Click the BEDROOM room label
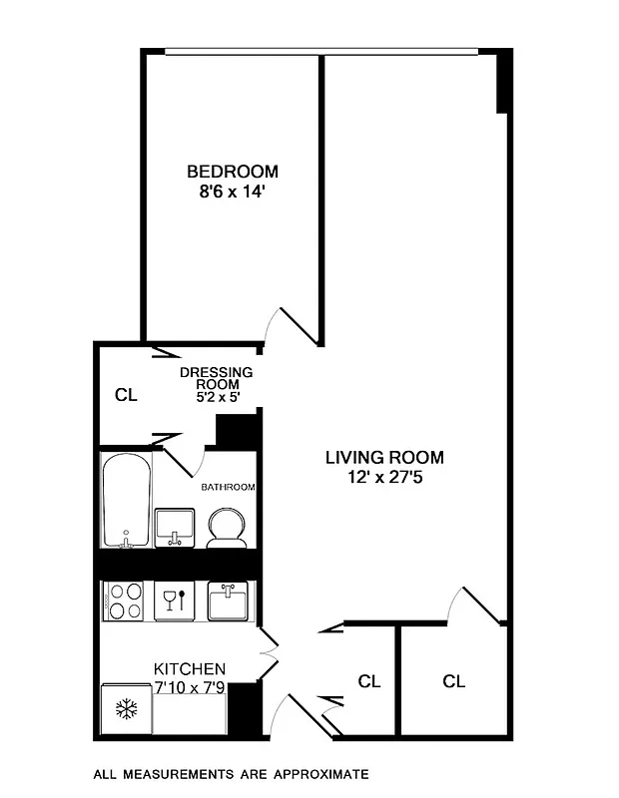pyautogui.click(x=233, y=172)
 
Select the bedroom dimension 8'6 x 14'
pyautogui.click(x=233, y=193)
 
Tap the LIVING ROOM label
pyautogui.click(x=384, y=458)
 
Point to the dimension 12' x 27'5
pyautogui.click(x=384, y=479)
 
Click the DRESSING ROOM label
pyautogui.click(x=216, y=378)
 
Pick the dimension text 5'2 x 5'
pyautogui.click(x=216, y=396)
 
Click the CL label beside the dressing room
pyautogui.click(x=125, y=395)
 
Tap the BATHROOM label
pyautogui.click(x=228, y=488)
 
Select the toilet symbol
pyautogui.click(x=228, y=527)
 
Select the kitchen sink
pyautogui.click(x=228, y=601)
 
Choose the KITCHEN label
pyautogui.click(x=189, y=668)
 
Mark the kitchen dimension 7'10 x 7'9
pyautogui.click(x=189, y=687)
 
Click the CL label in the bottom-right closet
pyautogui.click(x=454, y=681)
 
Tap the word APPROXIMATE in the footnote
pyautogui.click(x=318, y=773)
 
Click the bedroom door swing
pyautogui.click(x=294, y=325)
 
